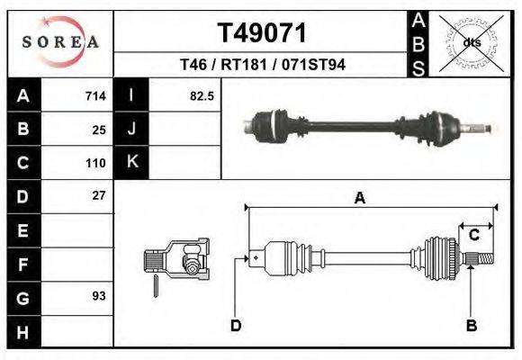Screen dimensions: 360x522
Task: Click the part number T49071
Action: pyautogui.click(x=262, y=33)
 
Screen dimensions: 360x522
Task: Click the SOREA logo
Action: pyautogui.click(x=60, y=41)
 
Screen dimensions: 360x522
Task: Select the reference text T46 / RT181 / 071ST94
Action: pyautogui.click(x=262, y=66)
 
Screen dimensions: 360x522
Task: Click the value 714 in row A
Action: pyautogui.click(x=95, y=95)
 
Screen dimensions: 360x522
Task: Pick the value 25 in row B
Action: pyautogui.click(x=99, y=129)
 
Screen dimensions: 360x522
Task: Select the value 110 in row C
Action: pyautogui.click(x=95, y=163)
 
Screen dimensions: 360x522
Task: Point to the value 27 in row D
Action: pyautogui.click(x=99, y=195)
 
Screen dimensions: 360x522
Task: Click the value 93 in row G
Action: pyautogui.click(x=99, y=296)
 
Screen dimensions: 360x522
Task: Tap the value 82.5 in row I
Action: pyautogui.click(x=202, y=95)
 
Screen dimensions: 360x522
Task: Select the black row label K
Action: pyautogui.click(x=131, y=162)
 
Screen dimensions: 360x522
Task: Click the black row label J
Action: pyautogui.click(x=131, y=129)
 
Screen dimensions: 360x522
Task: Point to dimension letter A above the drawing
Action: pyautogui.click(x=359, y=199)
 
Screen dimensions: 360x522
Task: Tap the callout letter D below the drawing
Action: pyautogui.click(x=236, y=325)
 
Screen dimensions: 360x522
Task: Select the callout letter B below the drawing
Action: pyautogui.click(x=471, y=325)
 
